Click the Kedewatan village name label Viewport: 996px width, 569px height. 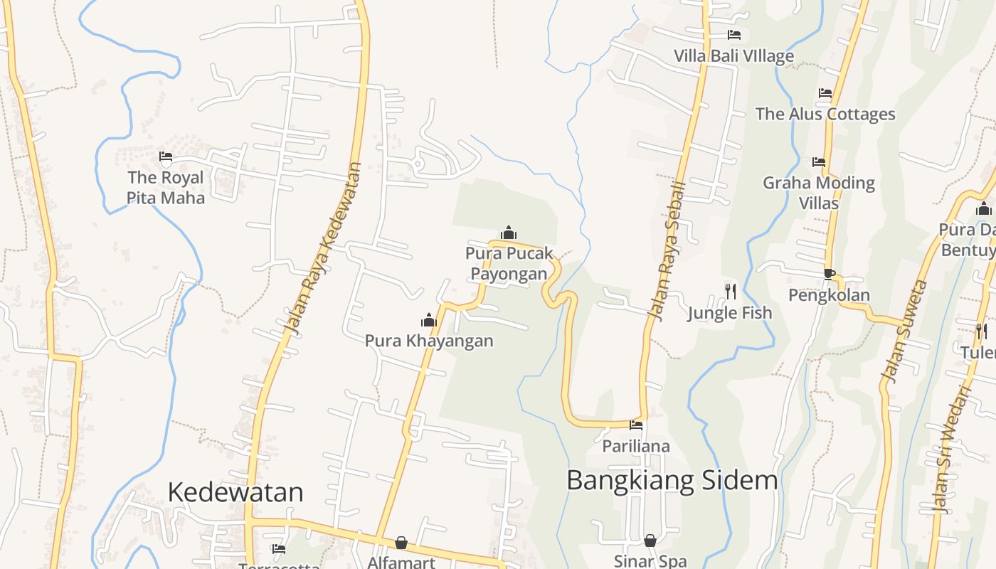tap(235, 492)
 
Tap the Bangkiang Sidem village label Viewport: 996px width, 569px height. tap(672, 481)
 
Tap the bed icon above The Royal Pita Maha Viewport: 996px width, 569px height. tap(166, 156)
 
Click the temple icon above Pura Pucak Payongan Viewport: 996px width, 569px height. tap(509, 233)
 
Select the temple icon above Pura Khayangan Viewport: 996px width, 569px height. tap(429, 320)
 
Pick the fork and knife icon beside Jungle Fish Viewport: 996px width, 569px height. tap(730, 290)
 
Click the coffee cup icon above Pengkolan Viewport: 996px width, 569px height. tap(829, 274)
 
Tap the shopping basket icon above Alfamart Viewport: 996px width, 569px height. tap(401, 543)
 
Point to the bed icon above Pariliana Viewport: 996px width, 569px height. tap(636, 425)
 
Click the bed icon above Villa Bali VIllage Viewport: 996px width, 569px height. tap(734, 34)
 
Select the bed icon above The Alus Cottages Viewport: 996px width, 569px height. tap(825, 93)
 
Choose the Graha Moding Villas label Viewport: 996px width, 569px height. tap(819, 193)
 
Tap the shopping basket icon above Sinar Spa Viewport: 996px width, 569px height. tap(650, 541)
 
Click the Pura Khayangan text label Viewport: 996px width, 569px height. tap(429, 341)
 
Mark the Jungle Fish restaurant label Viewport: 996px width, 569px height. tap(729, 312)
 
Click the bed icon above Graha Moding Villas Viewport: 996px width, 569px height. tap(819, 162)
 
